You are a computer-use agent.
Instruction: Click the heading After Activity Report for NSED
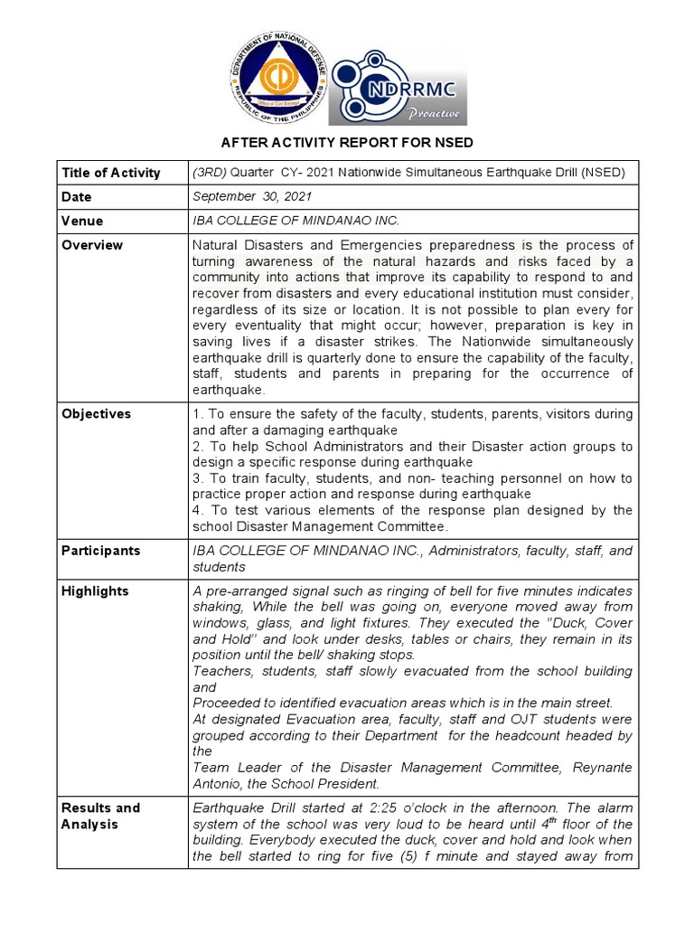[348, 143]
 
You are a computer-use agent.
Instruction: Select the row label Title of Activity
[111, 173]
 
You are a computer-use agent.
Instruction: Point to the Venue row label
[82, 221]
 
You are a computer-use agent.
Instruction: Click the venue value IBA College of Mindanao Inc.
[296, 221]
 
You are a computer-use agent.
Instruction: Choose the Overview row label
[91, 245]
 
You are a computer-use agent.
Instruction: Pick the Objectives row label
[96, 413]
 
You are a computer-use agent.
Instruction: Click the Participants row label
[101, 550]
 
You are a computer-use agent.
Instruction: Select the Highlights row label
[95, 591]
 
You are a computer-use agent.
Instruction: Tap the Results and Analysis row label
[100, 816]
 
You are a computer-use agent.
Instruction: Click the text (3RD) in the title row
[211, 173]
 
